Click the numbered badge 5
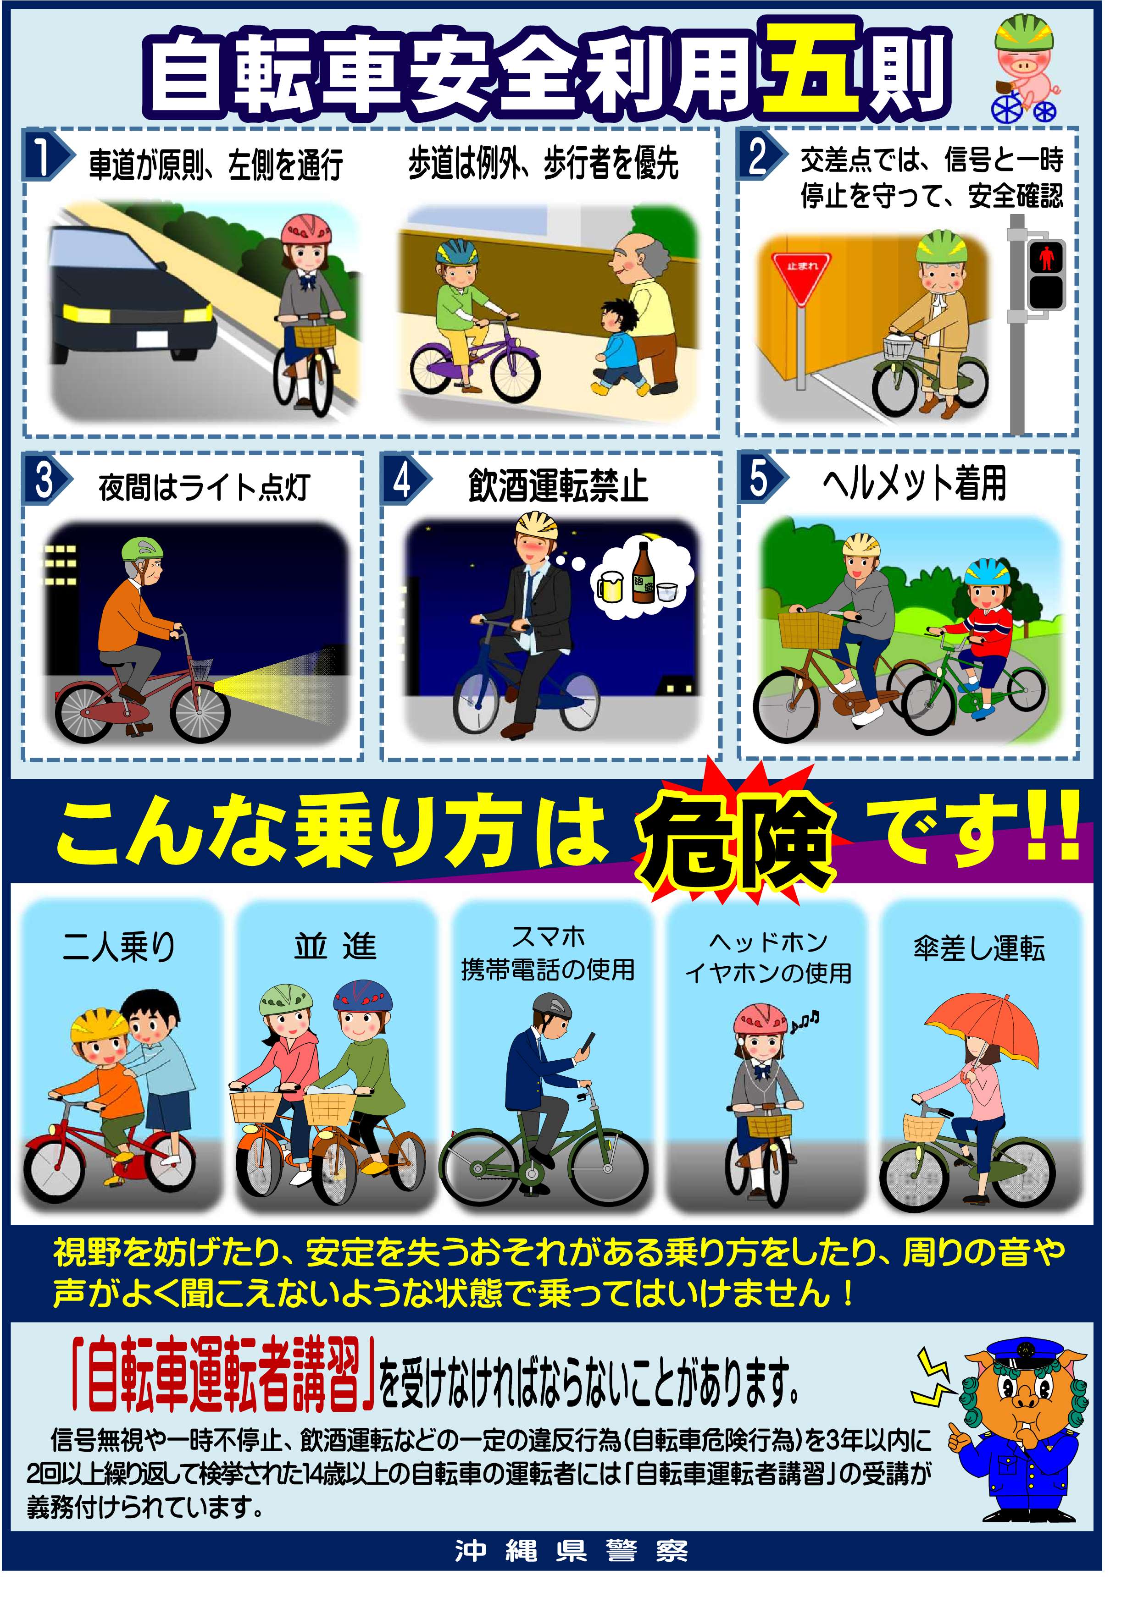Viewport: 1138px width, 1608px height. tap(759, 479)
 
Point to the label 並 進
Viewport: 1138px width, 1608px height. tap(335, 946)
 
